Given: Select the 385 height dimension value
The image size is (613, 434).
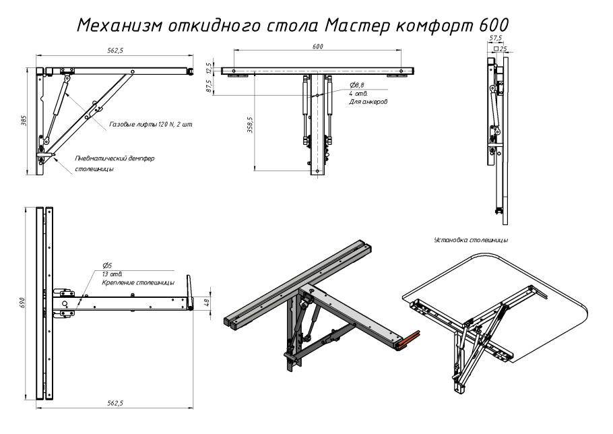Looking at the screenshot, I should (x=24, y=119).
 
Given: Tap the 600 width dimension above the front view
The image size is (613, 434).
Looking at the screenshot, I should (x=318, y=47).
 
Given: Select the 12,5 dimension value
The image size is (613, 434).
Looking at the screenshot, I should (x=209, y=67).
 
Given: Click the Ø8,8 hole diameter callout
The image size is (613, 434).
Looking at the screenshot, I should (x=358, y=85).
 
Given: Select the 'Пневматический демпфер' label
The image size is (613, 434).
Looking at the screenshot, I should (x=115, y=158).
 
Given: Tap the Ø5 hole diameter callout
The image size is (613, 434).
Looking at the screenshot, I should (x=106, y=266).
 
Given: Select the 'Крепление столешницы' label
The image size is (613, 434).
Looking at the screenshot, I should (x=139, y=283).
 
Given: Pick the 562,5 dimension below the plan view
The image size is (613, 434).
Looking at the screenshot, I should (x=117, y=402).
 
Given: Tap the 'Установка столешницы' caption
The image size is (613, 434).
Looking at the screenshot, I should (x=471, y=240).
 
